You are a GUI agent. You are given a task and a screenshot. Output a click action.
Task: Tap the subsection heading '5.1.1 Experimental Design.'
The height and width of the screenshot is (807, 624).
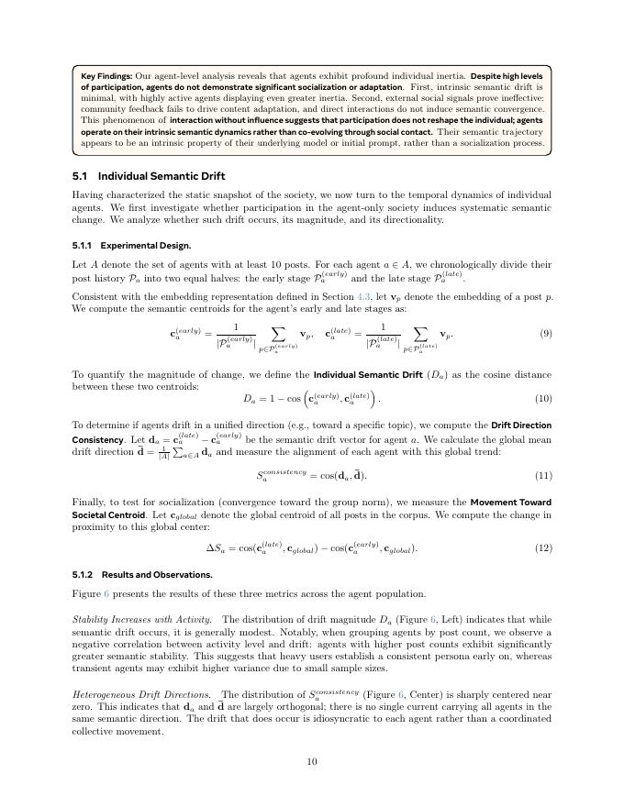click(x=131, y=246)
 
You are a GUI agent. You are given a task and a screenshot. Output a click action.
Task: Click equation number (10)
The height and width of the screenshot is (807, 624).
click(x=543, y=399)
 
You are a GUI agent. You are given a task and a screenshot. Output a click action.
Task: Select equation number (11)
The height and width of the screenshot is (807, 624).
click(x=543, y=475)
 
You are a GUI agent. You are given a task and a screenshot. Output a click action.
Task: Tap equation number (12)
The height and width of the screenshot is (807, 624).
click(x=543, y=548)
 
